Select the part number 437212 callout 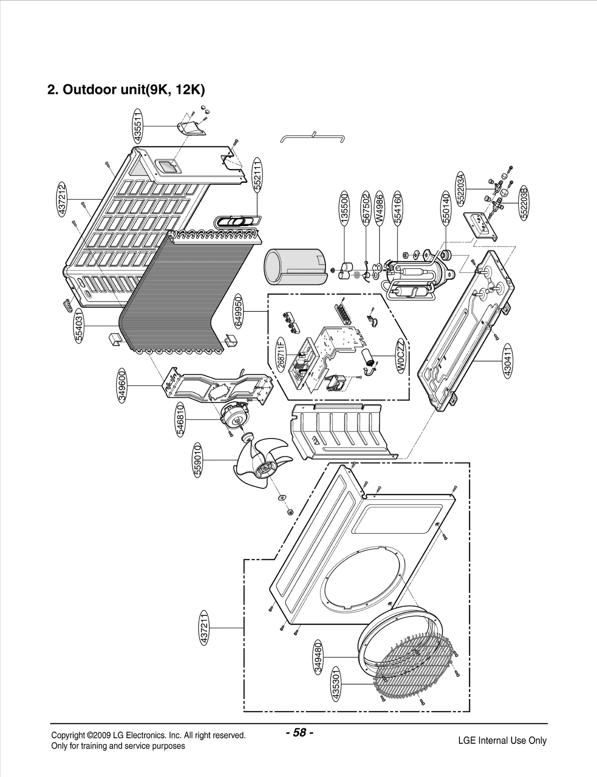pos(62,199)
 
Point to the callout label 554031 pos(79,326)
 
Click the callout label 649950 pos(238,311)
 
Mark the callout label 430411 pos(508,361)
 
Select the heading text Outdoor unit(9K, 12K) pos(126,90)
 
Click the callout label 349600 pos(123,386)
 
